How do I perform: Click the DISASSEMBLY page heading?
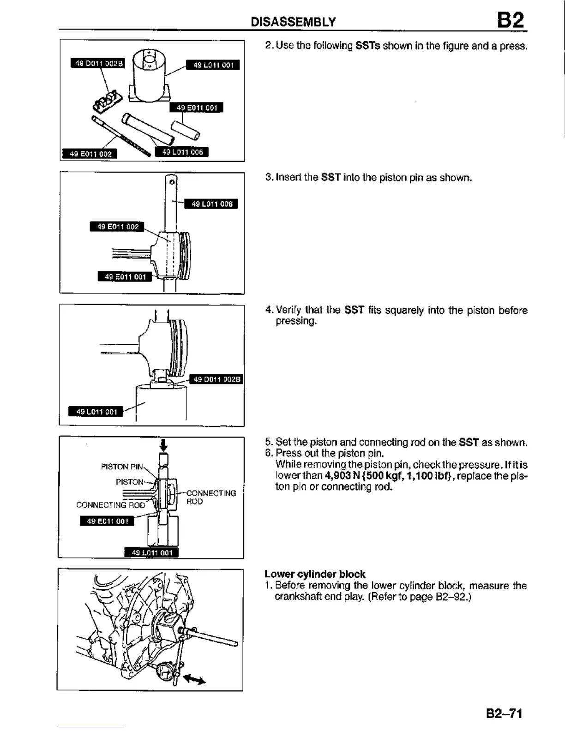tap(293, 22)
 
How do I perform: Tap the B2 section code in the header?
tap(511, 20)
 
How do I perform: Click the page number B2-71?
tap(504, 713)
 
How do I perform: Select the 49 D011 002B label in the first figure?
tap(97, 64)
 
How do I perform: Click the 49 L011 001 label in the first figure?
tap(213, 65)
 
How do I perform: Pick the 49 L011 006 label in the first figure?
tap(182, 152)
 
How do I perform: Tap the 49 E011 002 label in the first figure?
tap(90, 154)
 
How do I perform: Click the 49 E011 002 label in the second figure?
tap(117, 227)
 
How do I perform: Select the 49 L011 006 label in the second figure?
tap(211, 204)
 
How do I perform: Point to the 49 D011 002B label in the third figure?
tap(216, 379)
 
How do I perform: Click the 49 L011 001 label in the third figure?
tap(96, 411)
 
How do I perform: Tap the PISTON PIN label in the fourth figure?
tap(122, 467)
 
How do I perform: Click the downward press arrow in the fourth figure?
tap(163, 445)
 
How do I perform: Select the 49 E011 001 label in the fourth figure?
tap(107, 521)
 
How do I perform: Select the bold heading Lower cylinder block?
tap(315, 574)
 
